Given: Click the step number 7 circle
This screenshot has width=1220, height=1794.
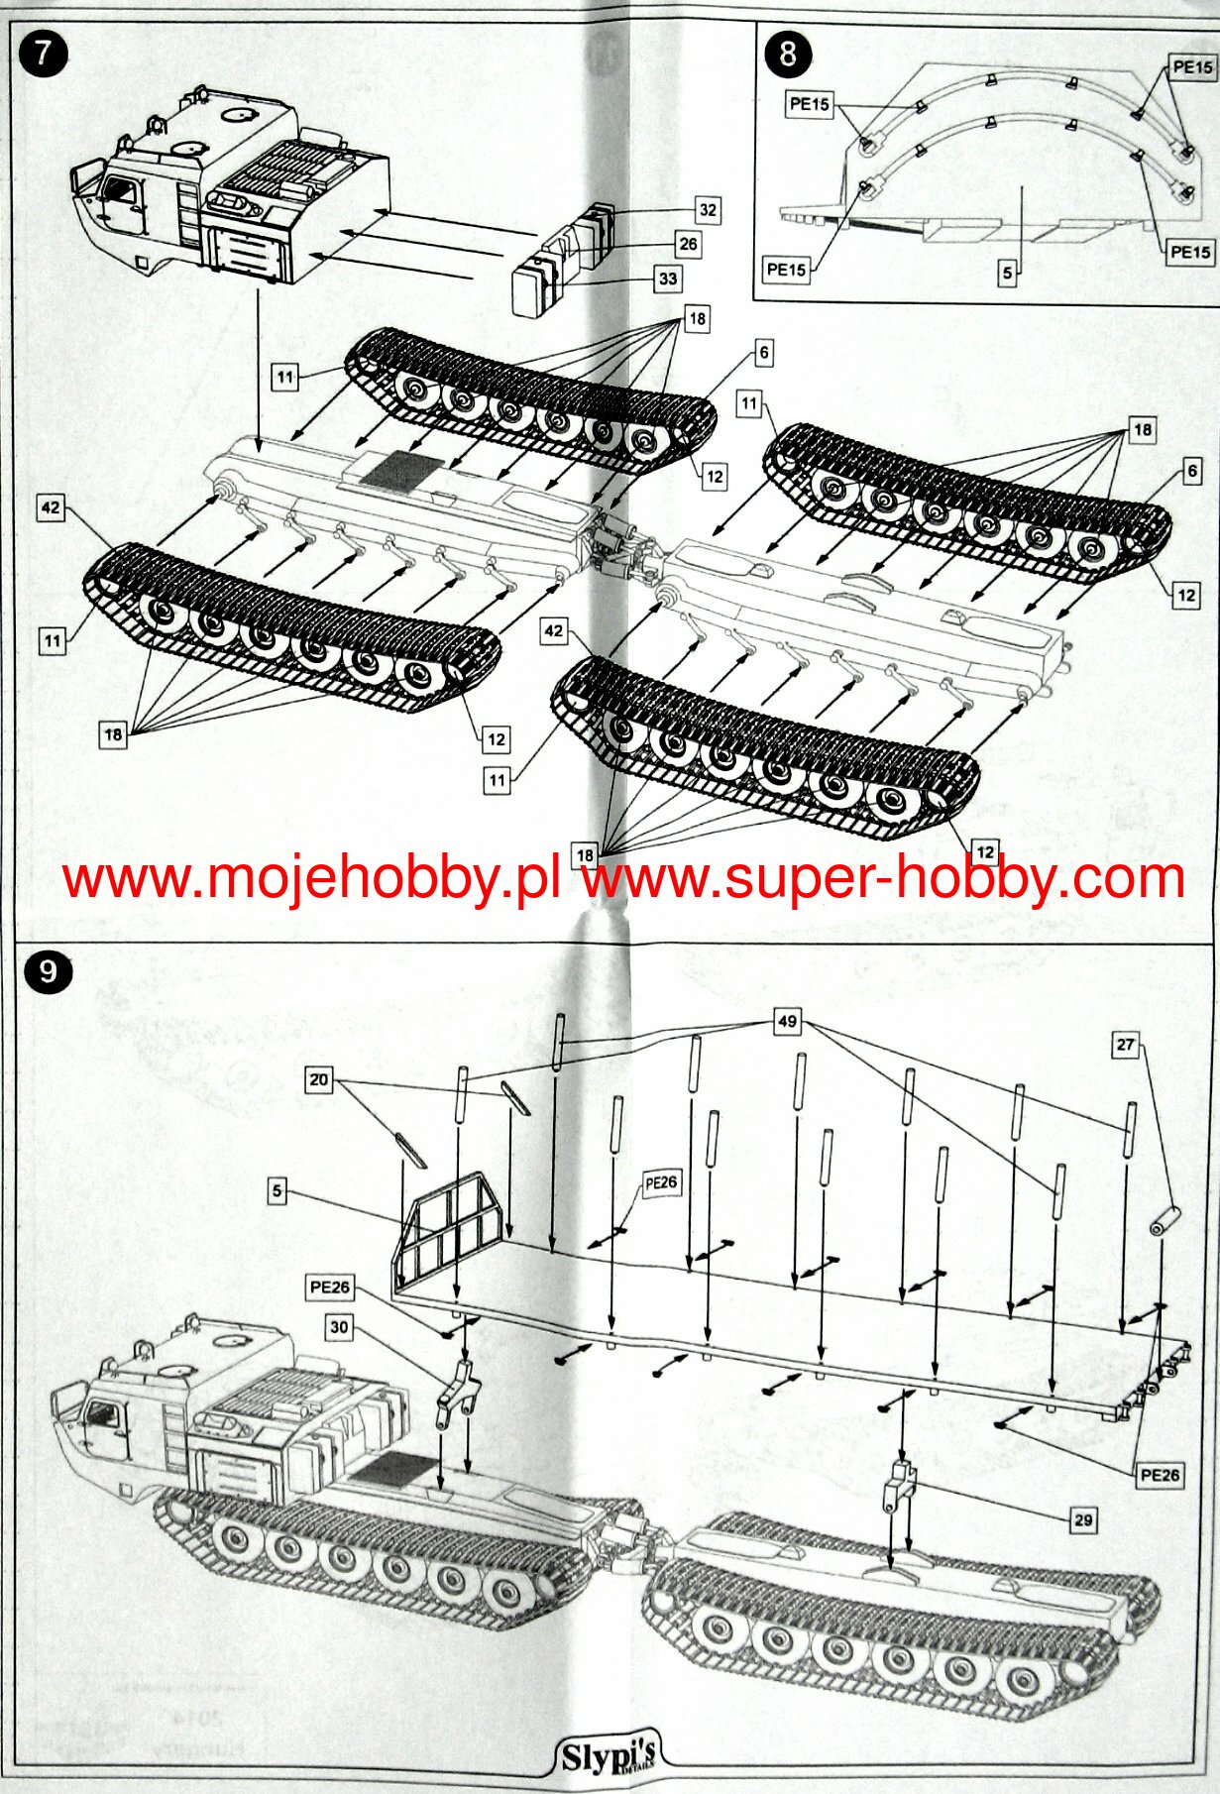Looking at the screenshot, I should (43, 53).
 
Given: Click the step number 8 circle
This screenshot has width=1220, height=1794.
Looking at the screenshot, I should (787, 53).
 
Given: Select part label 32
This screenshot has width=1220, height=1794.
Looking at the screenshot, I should (707, 210).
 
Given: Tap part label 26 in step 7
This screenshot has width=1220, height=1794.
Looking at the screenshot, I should (688, 244).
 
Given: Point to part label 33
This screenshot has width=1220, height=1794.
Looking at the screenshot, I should (668, 279).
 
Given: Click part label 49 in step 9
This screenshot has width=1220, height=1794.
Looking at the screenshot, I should (787, 1022).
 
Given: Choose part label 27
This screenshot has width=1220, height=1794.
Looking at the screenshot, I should (1125, 1045).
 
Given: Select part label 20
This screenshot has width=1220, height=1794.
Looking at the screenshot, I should (318, 1079).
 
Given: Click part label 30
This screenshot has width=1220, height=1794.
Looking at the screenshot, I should (339, 1326).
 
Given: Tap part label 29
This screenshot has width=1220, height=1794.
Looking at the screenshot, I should (1083, 1519).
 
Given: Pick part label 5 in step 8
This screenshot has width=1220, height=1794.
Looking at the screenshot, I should (1007, 272).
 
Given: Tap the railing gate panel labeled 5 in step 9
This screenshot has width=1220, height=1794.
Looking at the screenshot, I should (450, 1232).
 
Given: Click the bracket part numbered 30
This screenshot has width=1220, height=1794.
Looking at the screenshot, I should (455, 1394).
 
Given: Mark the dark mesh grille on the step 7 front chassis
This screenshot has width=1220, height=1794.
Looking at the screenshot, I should (397, 472).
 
